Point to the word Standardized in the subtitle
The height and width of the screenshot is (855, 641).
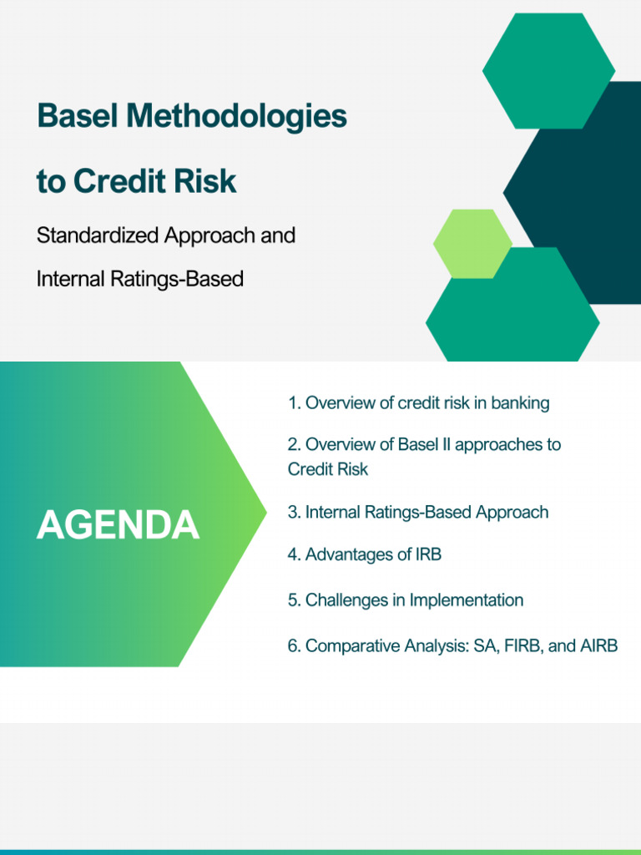click(x=97, y=235)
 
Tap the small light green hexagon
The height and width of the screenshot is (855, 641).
click(x=472, y=244)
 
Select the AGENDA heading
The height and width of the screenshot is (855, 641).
click(x=118, y=525)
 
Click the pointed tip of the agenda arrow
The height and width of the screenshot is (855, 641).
click(x=266, y=512)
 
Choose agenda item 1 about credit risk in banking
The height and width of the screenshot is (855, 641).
click(x=419, y=403)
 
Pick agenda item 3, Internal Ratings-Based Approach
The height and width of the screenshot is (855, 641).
click(x=418, y=513)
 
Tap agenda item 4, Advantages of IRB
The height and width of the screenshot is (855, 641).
click(x=365, y=554)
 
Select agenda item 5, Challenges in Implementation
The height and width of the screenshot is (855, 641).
click(x=406, y=600)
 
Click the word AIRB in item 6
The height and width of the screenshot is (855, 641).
click(x=599, y=645)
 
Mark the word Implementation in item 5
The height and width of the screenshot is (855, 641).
click(x=467, y=600)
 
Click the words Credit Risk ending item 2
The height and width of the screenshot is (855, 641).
click(x=328, y=469)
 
